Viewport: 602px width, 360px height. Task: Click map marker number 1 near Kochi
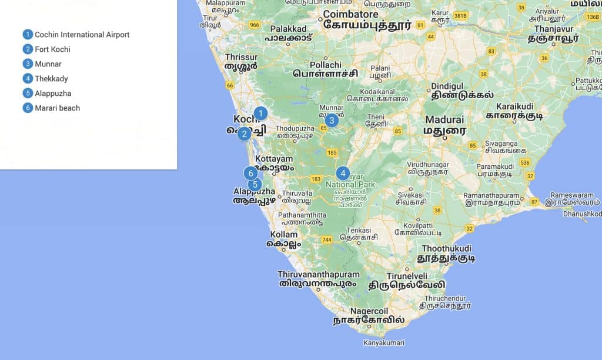click(260, 114)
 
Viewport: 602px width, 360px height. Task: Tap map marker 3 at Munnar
click(332, 121)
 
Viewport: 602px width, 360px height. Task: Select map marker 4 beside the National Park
click(343, 173)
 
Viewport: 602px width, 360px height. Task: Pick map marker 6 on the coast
click(251, 173)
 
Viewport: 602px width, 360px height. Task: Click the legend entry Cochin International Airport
click(82, 35)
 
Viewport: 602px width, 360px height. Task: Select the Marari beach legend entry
click(57, 108)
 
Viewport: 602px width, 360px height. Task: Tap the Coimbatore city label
click(350, 14)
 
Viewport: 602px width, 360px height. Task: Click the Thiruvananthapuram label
click(318, 275)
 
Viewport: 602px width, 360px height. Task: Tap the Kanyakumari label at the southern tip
click(384, 342)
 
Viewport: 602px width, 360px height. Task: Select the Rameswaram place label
click(571, 195)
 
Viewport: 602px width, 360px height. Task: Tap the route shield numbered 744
click(327, 240)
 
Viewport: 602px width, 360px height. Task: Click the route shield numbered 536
click(525, 162)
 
